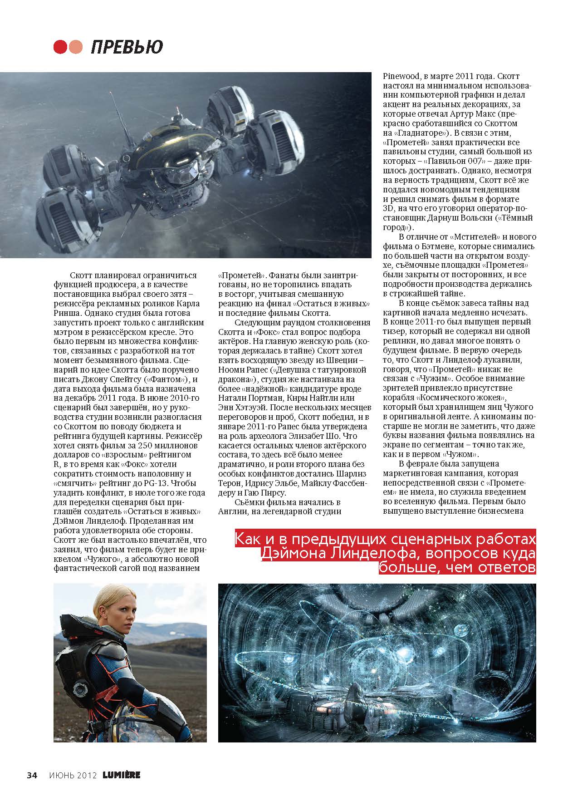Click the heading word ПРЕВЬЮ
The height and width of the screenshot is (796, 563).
click(x=127, y=47)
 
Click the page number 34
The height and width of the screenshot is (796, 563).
click(x=32, y=775)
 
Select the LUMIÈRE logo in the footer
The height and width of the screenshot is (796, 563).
click(x=121, y=775)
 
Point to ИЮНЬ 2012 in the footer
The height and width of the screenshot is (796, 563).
click(x=73, y=775)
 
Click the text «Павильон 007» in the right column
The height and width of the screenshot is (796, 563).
click(x=461, y=162)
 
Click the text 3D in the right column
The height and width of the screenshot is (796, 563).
click(x=389, y=209)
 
